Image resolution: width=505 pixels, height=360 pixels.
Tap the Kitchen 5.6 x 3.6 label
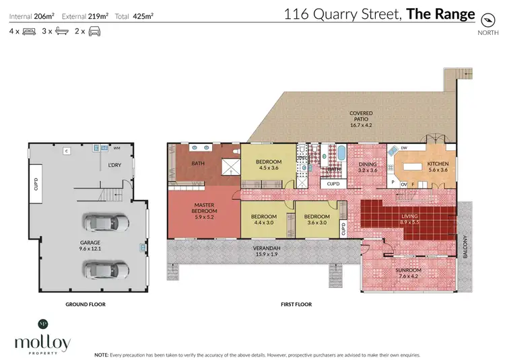(x=438, y=166)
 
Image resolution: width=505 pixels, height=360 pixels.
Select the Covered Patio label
(x=361, y=119)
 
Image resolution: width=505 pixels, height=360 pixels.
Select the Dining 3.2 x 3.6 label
(x=367, y=167)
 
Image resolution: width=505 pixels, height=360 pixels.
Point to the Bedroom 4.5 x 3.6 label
(x=269, y=165)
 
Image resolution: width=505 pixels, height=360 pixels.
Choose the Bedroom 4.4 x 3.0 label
(x=264, y=219)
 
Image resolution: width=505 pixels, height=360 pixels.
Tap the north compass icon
(x=483, y=20)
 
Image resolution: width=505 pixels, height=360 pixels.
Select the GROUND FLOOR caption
(x=86, y=304)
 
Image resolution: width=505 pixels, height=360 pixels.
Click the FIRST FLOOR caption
(x=296, y=304)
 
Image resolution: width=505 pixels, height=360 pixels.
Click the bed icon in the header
(x=29, y=31)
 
